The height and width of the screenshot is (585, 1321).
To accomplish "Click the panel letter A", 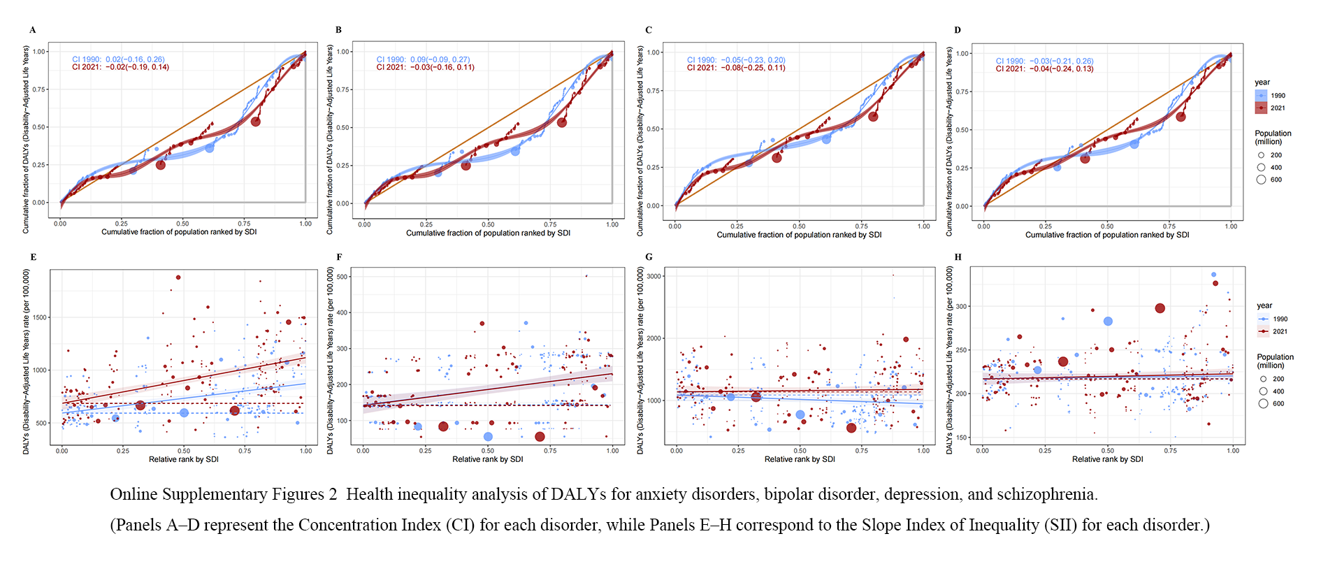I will click(32, 30).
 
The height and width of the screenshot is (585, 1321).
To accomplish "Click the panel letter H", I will click(958, 257).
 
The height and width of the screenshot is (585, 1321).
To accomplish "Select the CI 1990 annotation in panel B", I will click(423, 59).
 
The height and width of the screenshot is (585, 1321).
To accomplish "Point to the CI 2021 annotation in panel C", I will click(736, 68).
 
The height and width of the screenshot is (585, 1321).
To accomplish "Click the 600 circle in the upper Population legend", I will click(1261, 180).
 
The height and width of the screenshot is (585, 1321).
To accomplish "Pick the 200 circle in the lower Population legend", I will click(1263, 379).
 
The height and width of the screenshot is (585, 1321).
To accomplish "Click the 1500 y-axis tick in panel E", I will click(40, 317).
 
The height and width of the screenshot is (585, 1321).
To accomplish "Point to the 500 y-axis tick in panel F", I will click(342, 277).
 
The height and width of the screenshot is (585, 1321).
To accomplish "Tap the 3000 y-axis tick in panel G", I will click(654, 276).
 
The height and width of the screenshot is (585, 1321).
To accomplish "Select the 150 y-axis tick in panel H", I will click(962, 438).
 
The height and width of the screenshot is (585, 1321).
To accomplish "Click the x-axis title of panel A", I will click(179, 232).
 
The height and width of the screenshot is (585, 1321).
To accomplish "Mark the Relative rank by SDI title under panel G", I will click(800, 459).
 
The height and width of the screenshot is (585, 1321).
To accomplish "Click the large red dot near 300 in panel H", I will click(1160, 308).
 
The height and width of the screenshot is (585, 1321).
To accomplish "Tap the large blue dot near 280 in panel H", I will click(1108, 322).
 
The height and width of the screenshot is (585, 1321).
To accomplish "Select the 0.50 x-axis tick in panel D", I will click(1107, 226).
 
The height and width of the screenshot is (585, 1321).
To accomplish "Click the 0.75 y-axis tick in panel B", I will click(343, 89).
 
